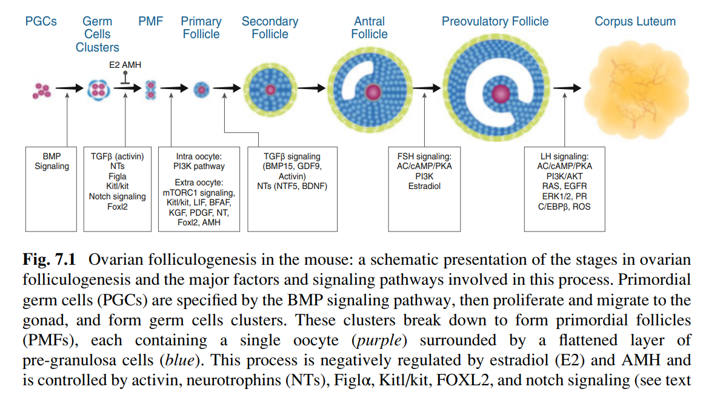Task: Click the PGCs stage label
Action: point(41,22)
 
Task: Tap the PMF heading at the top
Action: point(150,22)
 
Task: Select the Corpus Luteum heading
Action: point(635,22)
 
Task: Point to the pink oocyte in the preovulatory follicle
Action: point(500,93)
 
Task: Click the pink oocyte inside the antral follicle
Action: point(371,91)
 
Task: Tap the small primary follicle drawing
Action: point(201,90)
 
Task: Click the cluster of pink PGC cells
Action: point(42,90)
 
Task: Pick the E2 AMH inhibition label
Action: point(125,65)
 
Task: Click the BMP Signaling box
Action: point(52,161)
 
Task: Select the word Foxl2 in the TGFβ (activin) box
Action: point(118,207)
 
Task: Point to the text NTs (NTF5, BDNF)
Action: point(292,187)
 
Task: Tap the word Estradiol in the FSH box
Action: point(424,187)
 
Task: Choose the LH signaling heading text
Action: point(564,156)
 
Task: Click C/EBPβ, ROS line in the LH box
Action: point(564,207)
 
